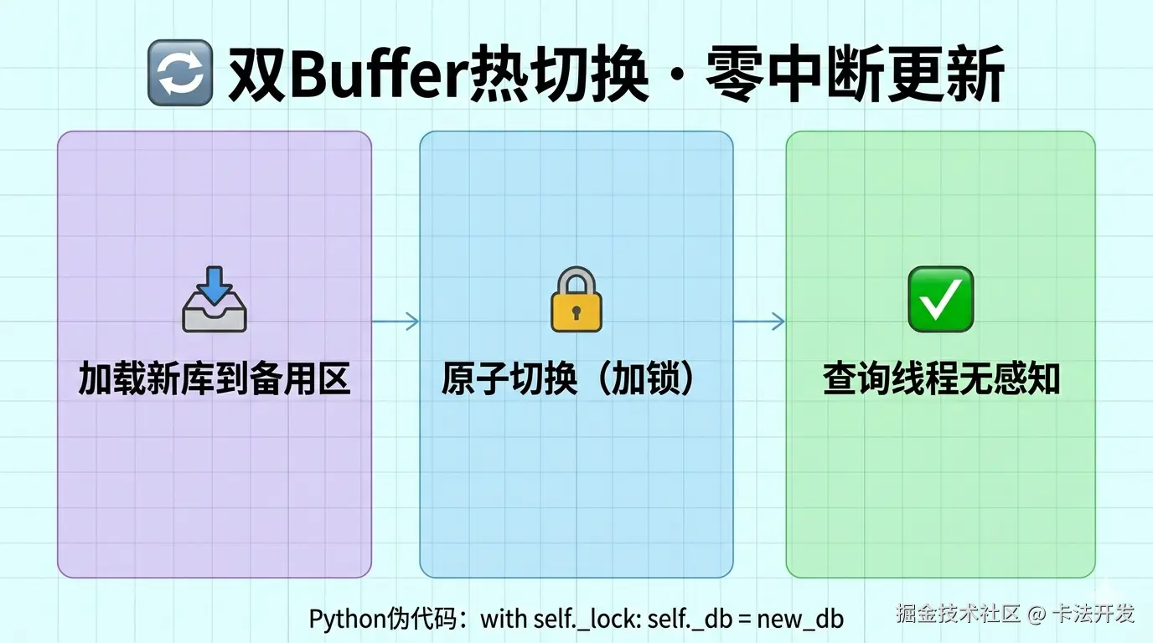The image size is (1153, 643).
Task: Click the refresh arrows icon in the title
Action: pyautogui.click(x=179, y=75)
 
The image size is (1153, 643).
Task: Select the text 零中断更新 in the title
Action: pyautogui.click(x=856, y=75)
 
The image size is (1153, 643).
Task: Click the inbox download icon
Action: pyautogui.click(x=215, y=301)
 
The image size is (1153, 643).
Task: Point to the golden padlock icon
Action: pyautogui.click(x=576, y=300)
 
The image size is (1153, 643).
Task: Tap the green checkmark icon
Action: pyautogui.click(x=940, y=299)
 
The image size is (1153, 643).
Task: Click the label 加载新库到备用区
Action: pyautogui.click(x=215, y=379)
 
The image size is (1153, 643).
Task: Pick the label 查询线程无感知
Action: pyautogui.click(x=941, y=379)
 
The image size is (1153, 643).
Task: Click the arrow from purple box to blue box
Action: pyautogui.click(x=396, y=321)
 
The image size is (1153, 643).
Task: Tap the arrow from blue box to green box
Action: pyautogui.click(x=760, y=321)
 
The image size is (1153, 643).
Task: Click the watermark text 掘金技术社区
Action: pyautogui.click(x=958, y=614)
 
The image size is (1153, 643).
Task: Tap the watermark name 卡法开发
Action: pyautogui.click(x=1094, y=614)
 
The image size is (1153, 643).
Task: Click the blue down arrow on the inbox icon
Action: pyautogui.click(x=215, y=285)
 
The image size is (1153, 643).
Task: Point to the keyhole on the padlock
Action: pyautogui.click(x=576, y=312)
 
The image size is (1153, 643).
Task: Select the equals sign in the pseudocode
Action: pyautogui.click(x=743, y=620)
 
